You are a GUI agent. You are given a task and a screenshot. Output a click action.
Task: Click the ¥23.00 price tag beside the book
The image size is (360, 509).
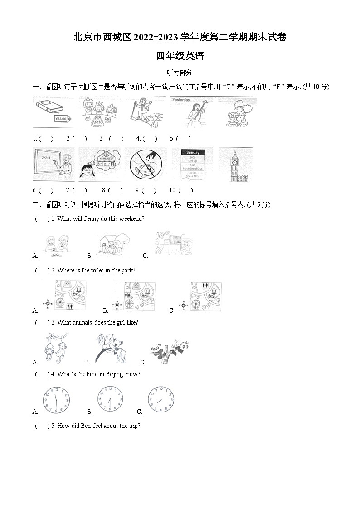[x=60, y=119]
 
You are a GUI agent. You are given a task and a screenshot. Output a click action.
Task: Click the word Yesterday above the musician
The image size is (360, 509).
[x=181, y=99]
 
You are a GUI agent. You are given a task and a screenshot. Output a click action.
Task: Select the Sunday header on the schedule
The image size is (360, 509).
[x=192, y=153]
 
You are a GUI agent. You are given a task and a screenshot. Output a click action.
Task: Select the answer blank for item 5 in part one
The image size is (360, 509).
[x=183, y=139]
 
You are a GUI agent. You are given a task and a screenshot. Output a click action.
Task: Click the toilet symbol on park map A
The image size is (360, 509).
[x=70, y=306]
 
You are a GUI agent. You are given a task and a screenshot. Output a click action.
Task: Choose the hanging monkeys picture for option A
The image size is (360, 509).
[x=55, y=349]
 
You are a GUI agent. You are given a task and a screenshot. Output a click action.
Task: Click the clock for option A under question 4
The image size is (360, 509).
[x=56, y=400]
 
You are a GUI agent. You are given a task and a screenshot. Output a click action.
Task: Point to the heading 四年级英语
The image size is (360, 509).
[x=180, y=56]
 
